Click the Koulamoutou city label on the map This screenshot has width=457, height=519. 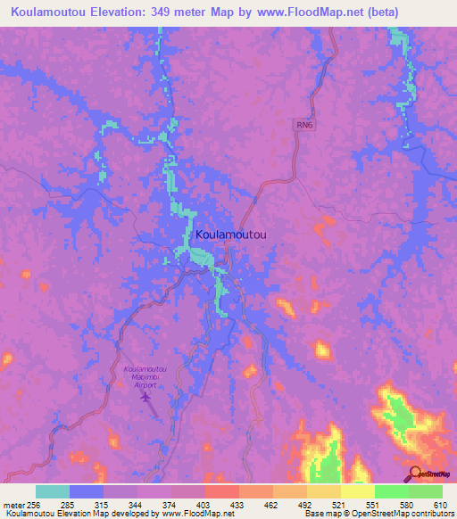coord(230,234)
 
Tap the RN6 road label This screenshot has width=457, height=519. coord(306,126)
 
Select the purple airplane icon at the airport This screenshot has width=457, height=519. coord(146,397)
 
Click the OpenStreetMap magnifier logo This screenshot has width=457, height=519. coord(416,474)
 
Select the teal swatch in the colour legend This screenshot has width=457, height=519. coord(53,491)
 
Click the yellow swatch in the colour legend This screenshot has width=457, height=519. coord(357,491)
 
